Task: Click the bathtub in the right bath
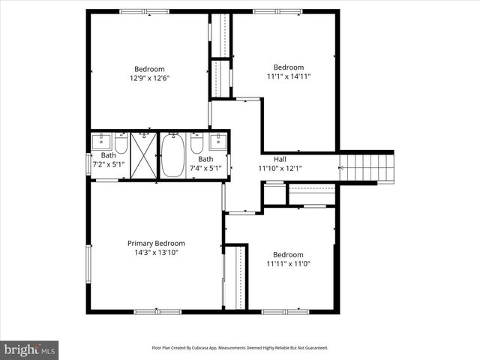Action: [x=172, y=155]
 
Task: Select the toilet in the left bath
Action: [x=121, y=142]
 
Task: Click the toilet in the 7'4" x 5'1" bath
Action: [x=197, y=142]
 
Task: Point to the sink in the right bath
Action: [x=218, y=141]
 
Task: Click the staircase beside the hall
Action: [x=367, y=165]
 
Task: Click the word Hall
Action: [x=280, y=159]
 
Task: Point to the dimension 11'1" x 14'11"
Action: [x=288, y=76]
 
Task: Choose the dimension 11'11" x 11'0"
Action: [x=288, y=264]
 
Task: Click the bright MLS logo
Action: [x=30, y=349]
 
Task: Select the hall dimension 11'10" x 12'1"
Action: [x=280, y=168]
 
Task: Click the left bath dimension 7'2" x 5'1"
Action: [x=109, y=164]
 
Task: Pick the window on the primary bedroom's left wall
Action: [x=88, y=265]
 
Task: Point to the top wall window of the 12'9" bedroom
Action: [x=145, y=11]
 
